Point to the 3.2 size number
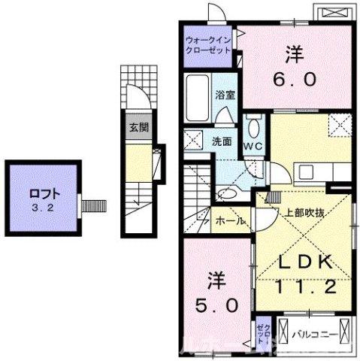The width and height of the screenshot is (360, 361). [x=44, y=204]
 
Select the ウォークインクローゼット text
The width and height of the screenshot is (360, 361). [x=210, y=44]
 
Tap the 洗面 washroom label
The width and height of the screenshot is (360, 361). [x=220, y=141]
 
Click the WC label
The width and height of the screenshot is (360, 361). [x=252, y=144]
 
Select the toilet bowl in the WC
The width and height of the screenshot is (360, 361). [x=253, y=125]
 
